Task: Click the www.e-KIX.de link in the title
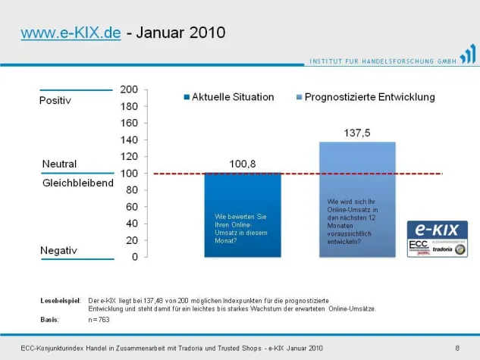pyautogui.click(x=71, y=34)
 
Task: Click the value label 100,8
pyautogui.click(x=243, y=163)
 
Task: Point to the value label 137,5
pyautogui.click(x=357, y=133)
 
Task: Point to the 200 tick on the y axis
pyautogui.click(x=129, y=89)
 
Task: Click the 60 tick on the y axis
pyautogui.click(x=132, y=207)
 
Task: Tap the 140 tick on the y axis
pyautogui.click(x=129, y=139)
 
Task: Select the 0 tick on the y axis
pyautogui.click(x=134, y=257)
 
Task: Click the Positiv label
pyautogui.click(x=55, y=101)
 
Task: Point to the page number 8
pyautogui.click(x=457, y=347)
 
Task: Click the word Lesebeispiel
pyautogui.click(x=60, y=301)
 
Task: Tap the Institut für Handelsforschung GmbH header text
pyautogui.click(x=382, y=61)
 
